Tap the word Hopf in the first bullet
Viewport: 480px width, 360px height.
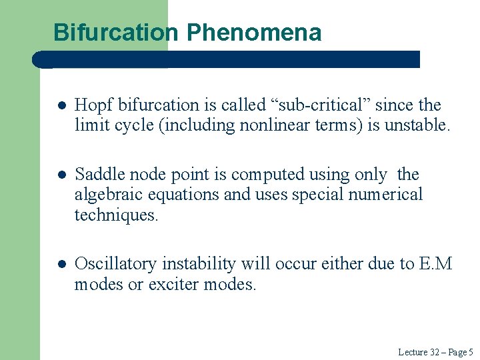pos(90,105)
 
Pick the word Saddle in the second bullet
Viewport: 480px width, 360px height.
pos(96,175)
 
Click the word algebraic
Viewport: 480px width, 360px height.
pos(103,195)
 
